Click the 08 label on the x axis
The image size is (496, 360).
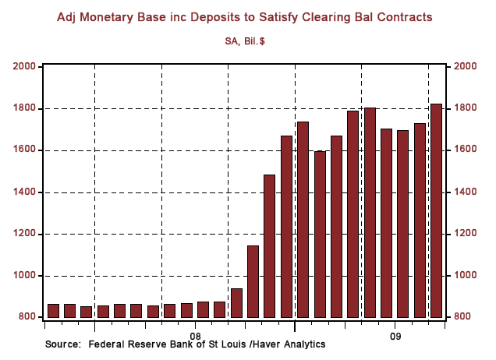click(195, 330)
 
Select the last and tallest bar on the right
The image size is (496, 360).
click(436, 210)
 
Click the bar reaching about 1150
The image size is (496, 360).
click(253, 281)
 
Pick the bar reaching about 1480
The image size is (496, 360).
click(269, 245)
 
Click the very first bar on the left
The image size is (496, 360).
click(53, 310)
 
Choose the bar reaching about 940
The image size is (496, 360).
click(236, 302)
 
